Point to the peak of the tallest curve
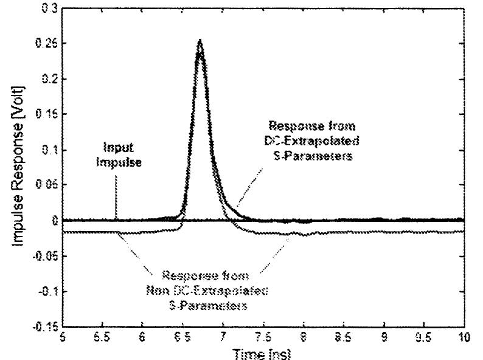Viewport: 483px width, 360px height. click(x=200, y=41)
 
